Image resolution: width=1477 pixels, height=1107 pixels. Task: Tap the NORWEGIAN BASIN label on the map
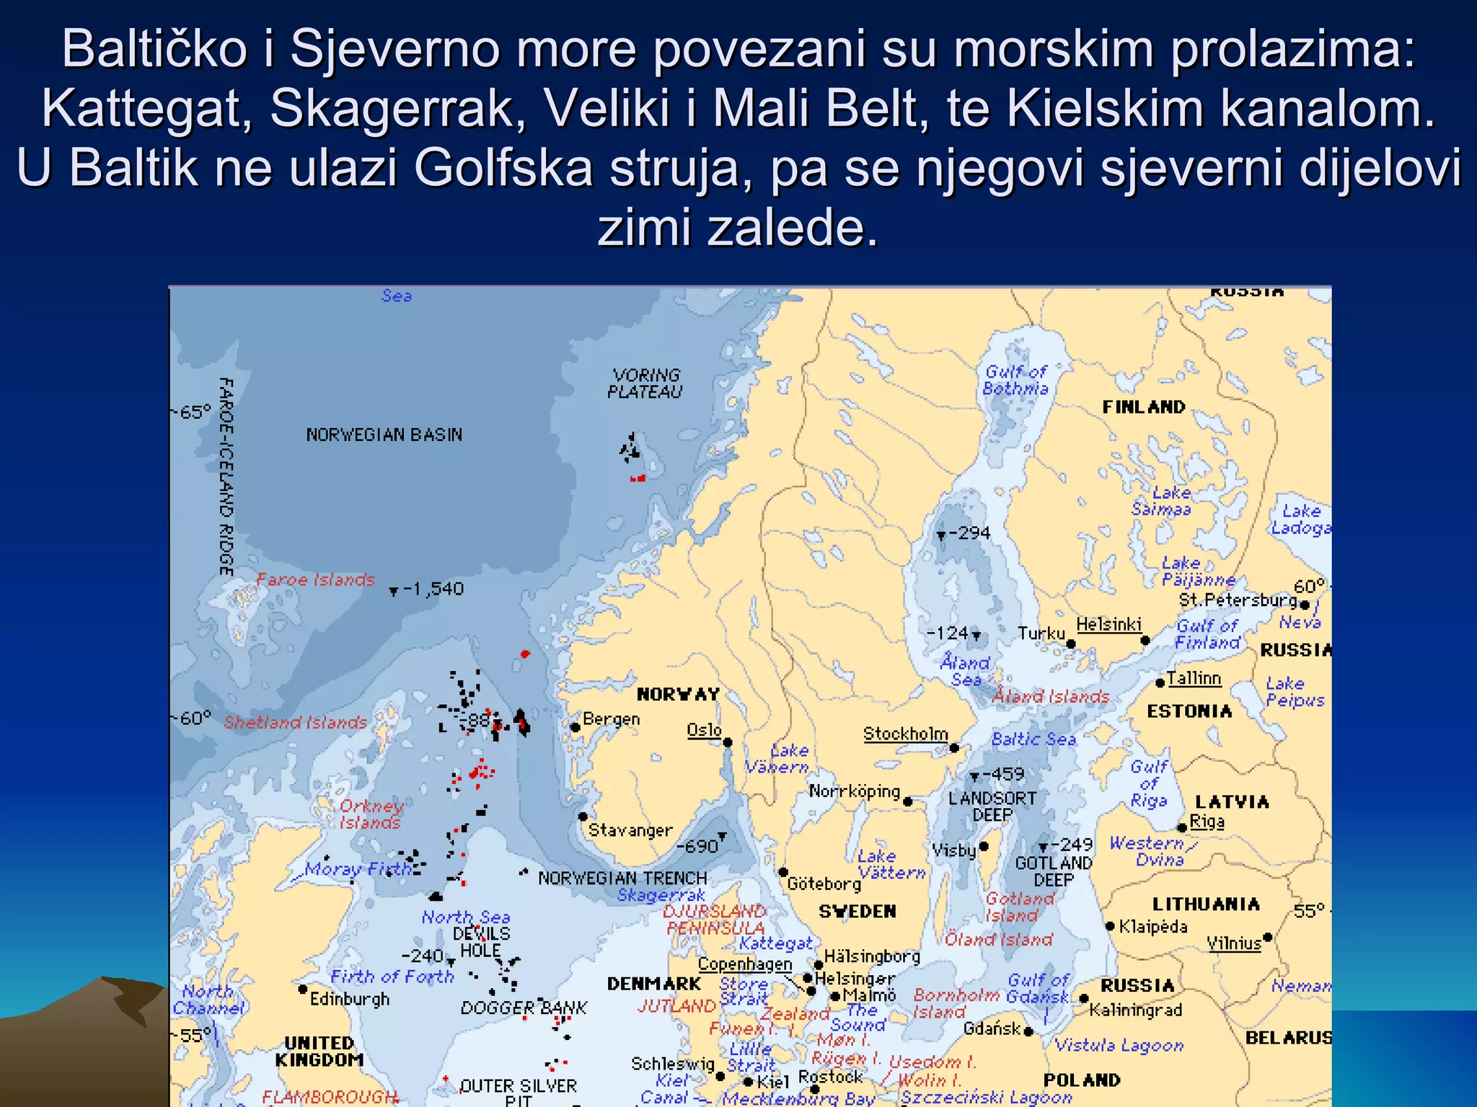[x=384, y=435]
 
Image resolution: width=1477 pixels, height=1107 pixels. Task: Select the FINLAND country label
[x=1144, y=407]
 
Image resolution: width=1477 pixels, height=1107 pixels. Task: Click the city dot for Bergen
[x=576, y=727]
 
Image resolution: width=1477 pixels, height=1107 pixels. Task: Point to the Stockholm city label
[x=905, y=734]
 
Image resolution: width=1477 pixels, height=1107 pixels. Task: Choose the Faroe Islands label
[x=316, y=579]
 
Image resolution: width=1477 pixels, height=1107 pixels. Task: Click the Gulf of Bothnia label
[x=1015, y=380]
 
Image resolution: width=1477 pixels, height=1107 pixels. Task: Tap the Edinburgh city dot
[x=304, y=989]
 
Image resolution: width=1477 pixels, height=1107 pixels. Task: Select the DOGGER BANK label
[x=524, y=1008]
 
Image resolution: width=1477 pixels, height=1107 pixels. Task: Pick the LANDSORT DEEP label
[x=992, y=806]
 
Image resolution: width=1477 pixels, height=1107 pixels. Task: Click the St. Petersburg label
[x=1238, y=600]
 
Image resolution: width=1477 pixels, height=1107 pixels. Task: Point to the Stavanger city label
[x=630, y=830]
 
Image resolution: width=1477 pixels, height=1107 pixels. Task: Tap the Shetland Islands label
[x=295, y=722]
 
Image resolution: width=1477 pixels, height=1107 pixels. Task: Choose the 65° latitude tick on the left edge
[x=192, y=412]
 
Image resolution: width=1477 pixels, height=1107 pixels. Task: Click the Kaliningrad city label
[x=1135, y=1010]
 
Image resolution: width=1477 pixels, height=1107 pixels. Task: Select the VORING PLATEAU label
[x=645, y=383]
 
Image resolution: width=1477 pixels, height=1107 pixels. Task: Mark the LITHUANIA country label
[x=1206, y=904]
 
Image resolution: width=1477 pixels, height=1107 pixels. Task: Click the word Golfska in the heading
[x=503, y=168]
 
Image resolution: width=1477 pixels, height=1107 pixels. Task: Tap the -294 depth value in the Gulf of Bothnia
[x=969, y=533]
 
